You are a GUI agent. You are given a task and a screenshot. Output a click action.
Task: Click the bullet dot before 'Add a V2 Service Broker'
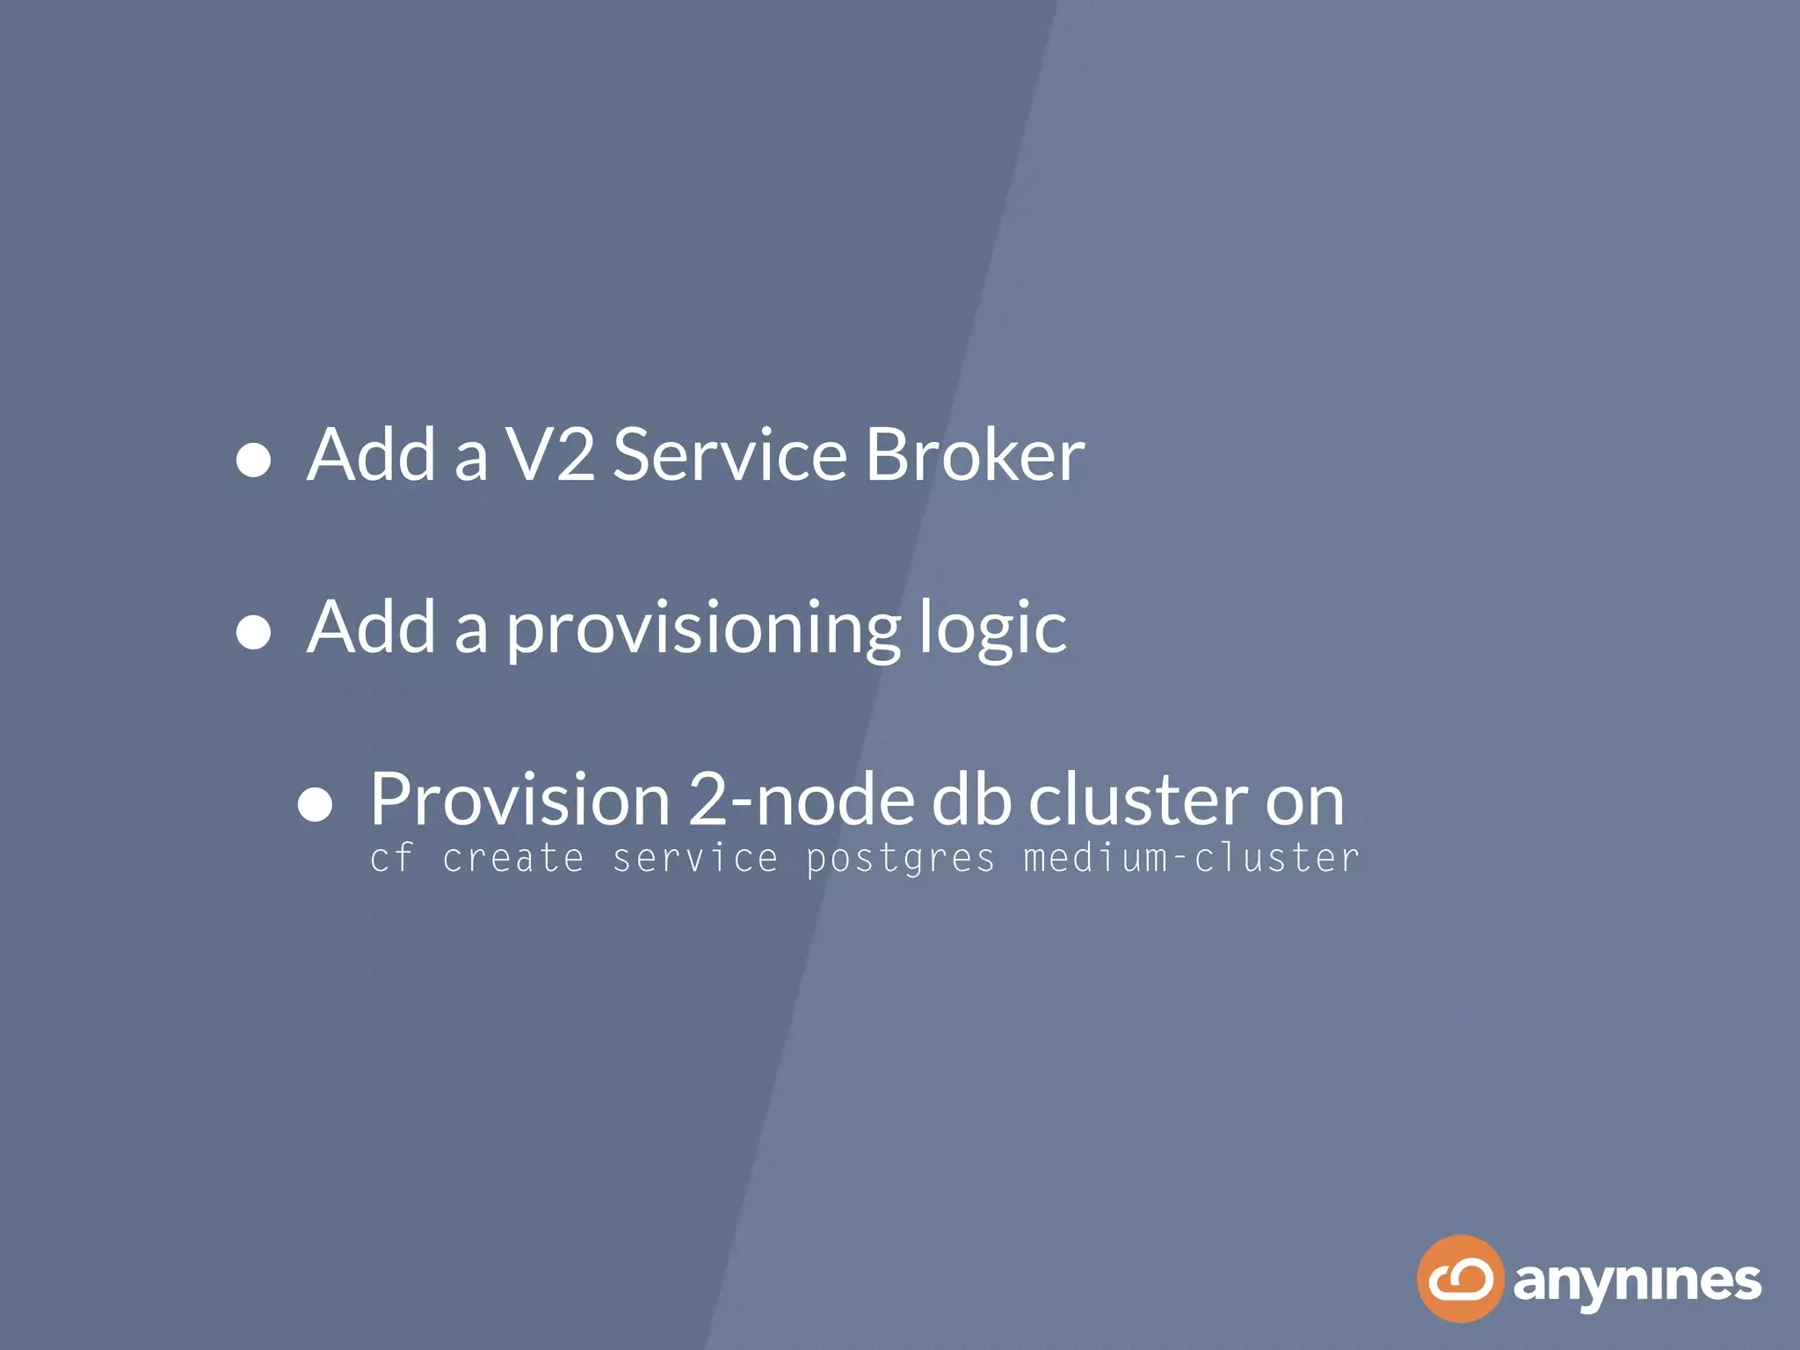tap(253, 460)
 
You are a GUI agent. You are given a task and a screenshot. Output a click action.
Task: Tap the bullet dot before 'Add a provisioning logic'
tap(253, 632)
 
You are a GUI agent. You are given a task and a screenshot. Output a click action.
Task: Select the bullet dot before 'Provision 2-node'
tap(315, 804)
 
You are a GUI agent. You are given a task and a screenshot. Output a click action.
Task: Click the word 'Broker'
tap(975, 454)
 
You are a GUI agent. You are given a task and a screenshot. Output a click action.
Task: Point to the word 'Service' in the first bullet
tap(729, 454)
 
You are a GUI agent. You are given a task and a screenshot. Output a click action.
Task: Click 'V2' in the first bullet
tap(551, 454)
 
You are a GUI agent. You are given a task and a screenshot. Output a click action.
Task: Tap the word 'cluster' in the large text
tap(1138, 799)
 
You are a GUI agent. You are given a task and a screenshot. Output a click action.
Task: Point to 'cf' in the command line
tap(391, 859)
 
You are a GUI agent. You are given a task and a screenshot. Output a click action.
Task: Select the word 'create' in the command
tap(513, 859)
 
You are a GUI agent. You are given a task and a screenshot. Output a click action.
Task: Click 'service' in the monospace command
tap(695, 859)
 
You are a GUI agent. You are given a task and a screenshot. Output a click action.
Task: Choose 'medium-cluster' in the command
tap(1191, 859)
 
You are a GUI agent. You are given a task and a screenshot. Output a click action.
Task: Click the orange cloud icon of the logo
tap(1460, 1279)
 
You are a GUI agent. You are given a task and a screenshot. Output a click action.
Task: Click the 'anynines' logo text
tap(1637, 1283)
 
